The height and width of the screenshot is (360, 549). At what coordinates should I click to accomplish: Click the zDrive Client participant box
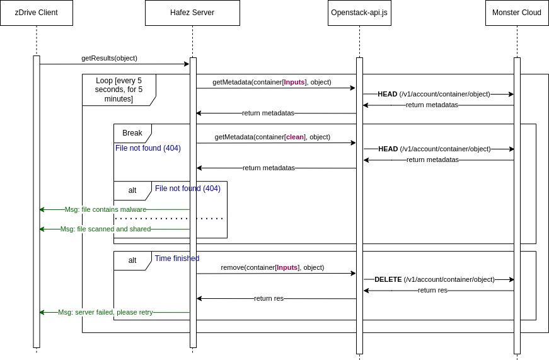tap(36, 13)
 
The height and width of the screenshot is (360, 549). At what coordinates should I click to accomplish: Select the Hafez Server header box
tap(192, 13)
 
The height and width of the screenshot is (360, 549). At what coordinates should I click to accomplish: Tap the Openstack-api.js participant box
tap(359, 13)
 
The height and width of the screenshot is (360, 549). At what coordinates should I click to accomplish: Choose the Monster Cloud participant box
tap(517, 13)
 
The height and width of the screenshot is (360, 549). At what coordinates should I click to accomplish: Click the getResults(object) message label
tap(109, 58)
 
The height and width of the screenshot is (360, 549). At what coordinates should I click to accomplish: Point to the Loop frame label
tap(118, 90)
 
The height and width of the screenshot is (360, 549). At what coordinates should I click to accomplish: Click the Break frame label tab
tap(132, 133)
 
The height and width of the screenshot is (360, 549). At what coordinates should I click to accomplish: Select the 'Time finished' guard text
tap(177, 258)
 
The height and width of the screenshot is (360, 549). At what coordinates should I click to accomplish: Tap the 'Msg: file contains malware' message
tap(105, 209)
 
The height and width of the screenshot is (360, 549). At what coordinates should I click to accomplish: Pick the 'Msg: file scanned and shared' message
tap(105, 229)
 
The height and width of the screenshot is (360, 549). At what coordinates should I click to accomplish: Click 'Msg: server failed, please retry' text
tap(105, 312)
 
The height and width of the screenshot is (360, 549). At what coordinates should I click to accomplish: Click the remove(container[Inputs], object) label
tap(272, 267)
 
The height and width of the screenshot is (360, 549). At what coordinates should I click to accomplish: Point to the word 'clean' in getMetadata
tap(295, 137)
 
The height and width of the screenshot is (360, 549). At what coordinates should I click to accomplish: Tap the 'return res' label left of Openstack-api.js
tap(269, 298)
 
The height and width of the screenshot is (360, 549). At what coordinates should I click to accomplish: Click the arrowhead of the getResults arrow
tap(187, 64)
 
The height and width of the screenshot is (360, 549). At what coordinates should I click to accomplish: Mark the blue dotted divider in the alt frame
tap(169, 219)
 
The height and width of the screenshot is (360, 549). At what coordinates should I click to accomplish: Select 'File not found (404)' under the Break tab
tap(148, 148)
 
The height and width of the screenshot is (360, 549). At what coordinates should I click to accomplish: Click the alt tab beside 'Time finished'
tap(132, 260)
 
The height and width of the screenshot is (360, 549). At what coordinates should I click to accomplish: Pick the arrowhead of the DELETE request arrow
tap(512, 279)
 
